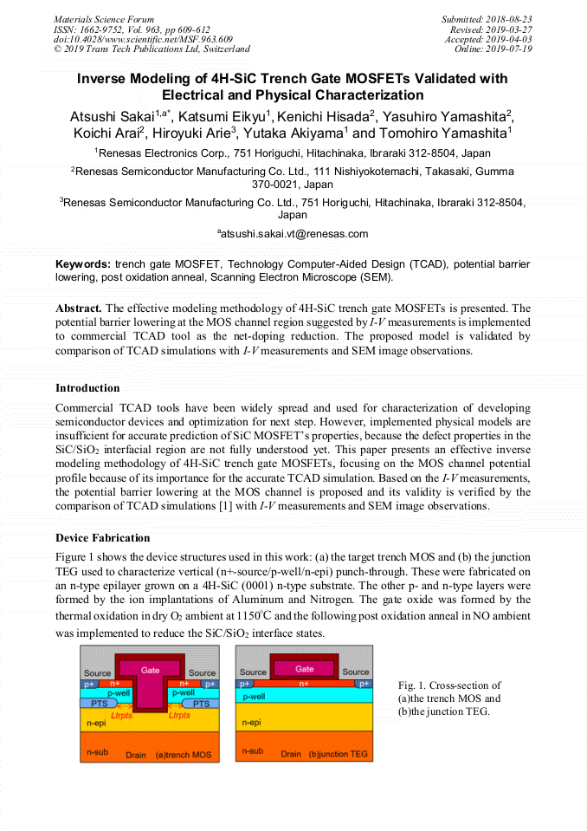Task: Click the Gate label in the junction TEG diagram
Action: pyautogui.click(x=305, y=668)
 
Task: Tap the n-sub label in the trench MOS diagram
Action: pyautogui.click(x=96, y=750)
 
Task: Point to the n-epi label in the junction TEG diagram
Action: pyautogui.click(x=251, y=721)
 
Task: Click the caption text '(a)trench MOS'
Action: pyautogui.click(x=183, y=755)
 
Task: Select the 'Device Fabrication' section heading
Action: pyautogui.click(x=102, y=538)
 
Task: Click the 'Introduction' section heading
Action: pyautogui.click(x=87, y=387)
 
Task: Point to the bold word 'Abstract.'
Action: pyautogui.click(x=79, y=308)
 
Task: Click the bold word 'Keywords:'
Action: pyautogui.click(x=83, y=263)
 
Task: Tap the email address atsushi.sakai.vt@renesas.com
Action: pyautogui.click(x=293, y=233)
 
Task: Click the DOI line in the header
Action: pyautogui.click(x=143, y=39)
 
